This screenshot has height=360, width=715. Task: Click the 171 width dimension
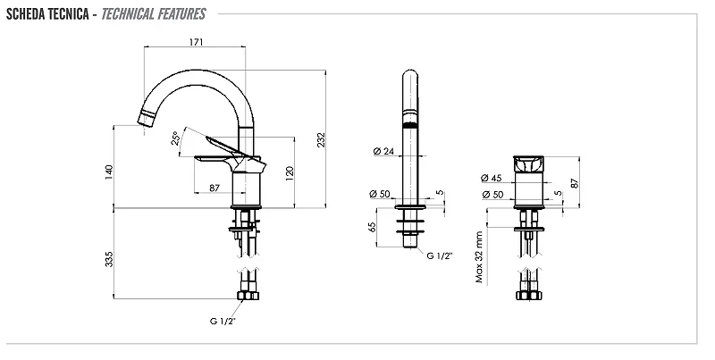click(196, 42)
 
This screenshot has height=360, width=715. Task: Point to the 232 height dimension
click(321, 139)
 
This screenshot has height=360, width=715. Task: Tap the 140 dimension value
click(108, 172)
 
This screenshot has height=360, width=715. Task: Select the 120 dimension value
click(290, 173)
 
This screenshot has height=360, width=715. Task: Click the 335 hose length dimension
click(109, 259)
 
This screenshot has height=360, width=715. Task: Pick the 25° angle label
click(175, 138)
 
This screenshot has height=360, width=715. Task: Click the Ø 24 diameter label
click(383, 151)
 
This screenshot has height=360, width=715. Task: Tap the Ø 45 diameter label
click(491, 178)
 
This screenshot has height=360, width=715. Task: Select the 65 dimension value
click(372, 227)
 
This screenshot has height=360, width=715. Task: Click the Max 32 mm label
click(478, 257)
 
